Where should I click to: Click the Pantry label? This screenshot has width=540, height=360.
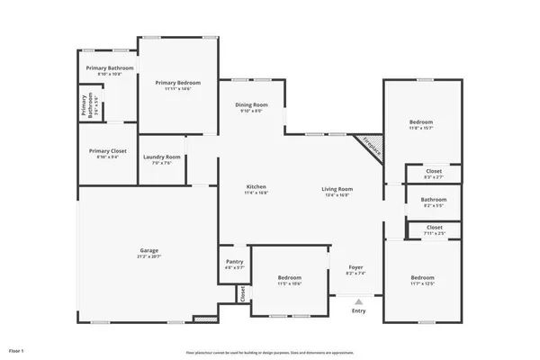(234, 265)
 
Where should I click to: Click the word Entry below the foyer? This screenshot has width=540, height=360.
(359, 311)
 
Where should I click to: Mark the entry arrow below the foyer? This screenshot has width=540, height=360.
(359, 301)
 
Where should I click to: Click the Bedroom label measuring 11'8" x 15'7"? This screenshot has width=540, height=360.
(421, 124)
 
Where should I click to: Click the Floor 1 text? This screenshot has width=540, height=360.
(16, 349)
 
